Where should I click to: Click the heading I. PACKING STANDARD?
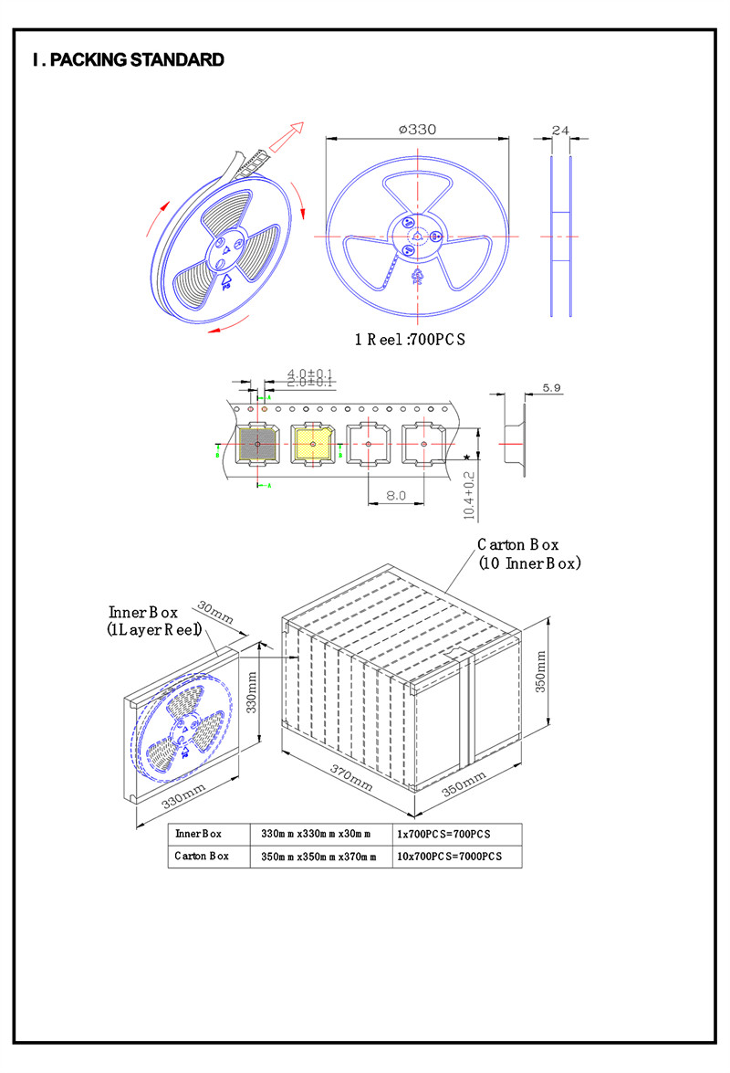pyautogui.click(x=128, y=60)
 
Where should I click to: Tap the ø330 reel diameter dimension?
pyautogui.click(x=417, y=130)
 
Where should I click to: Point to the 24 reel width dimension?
pyautogui.click(x=560, y=131)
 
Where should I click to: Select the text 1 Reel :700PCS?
pyautogui.click(x=411, y=340)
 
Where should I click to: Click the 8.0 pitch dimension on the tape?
pyautogui.click(x=395, y=494)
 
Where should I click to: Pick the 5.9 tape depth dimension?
pyautogui.click(x=551, y=388)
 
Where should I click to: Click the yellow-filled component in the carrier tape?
pyautogui.click(x=312, y=444)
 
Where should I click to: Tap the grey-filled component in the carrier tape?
pyautogui.click(x=257, y=444)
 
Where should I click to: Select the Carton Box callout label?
pyautogui.click(x=529, y=553)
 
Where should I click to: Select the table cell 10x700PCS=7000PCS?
pyautogui.click(x=447, y=857)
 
